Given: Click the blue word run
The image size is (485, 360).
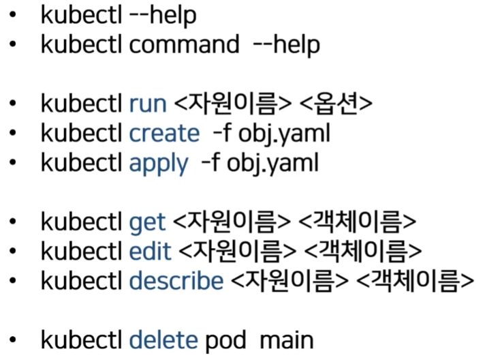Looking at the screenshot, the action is [x=147, y=104].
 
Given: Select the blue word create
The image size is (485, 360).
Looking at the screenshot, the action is [x=164, y=134].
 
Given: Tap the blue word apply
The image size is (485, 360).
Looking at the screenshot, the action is [x=158, y=164].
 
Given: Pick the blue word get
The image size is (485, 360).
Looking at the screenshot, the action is [x=147, y=222].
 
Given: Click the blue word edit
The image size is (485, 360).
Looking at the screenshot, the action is [x=150, y=251].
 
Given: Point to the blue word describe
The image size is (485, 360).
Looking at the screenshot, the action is [x=176, y=280].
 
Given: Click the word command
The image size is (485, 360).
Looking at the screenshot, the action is [x=184, y=45].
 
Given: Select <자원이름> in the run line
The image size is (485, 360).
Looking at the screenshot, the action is [x=232, y=104].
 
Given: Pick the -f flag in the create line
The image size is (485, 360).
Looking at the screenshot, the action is [x=219, y=134].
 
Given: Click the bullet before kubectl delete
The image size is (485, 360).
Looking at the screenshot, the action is [x=14, y=339].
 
